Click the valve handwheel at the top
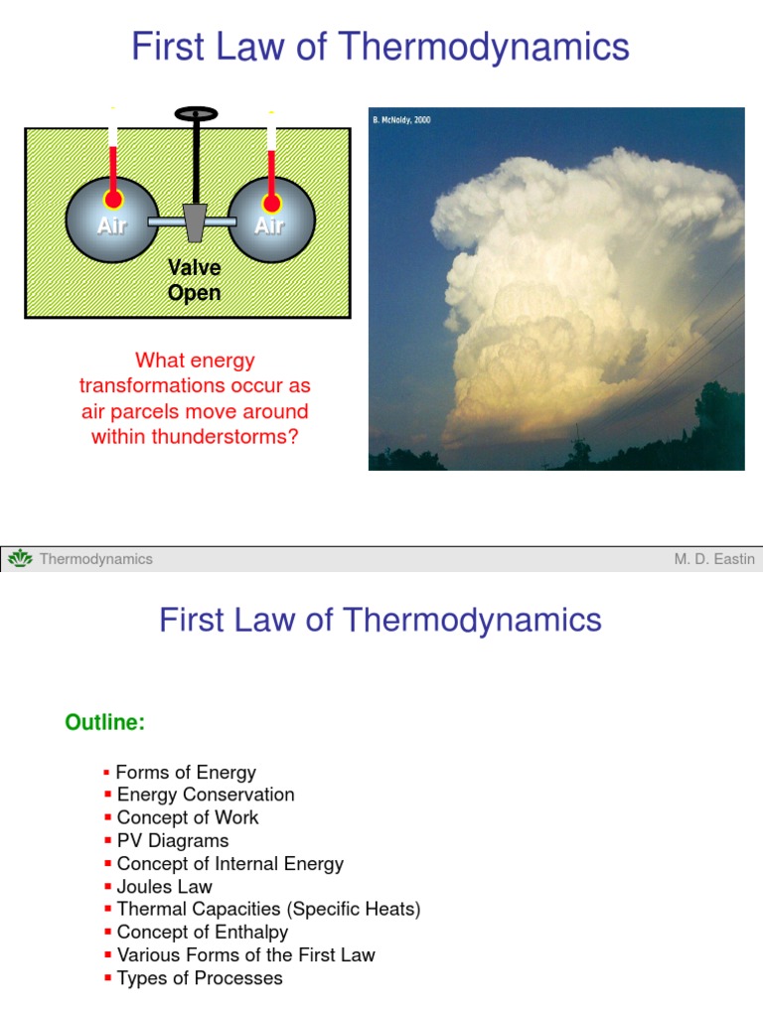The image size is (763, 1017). pos(196,114)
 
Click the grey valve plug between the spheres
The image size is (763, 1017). pos(195,222)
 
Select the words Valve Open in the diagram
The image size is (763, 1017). pos(195,280)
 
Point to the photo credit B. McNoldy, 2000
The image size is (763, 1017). pos(402,120)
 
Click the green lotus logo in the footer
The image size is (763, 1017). pos(20,559)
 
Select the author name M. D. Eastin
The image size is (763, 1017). pos(713,559)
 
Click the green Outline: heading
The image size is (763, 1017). pos(105,723)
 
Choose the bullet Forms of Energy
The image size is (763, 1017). pos(186,773)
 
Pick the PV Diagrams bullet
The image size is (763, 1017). pos(173,841)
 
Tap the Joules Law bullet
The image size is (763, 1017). pos(165,887)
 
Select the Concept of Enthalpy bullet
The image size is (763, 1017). pos(203,933)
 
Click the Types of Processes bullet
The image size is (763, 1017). pos(200,978)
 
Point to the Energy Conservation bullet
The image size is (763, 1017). pos(206,795)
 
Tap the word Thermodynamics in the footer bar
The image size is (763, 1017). pos(96,559)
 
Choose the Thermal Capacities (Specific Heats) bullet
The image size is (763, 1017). pos(269,910)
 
